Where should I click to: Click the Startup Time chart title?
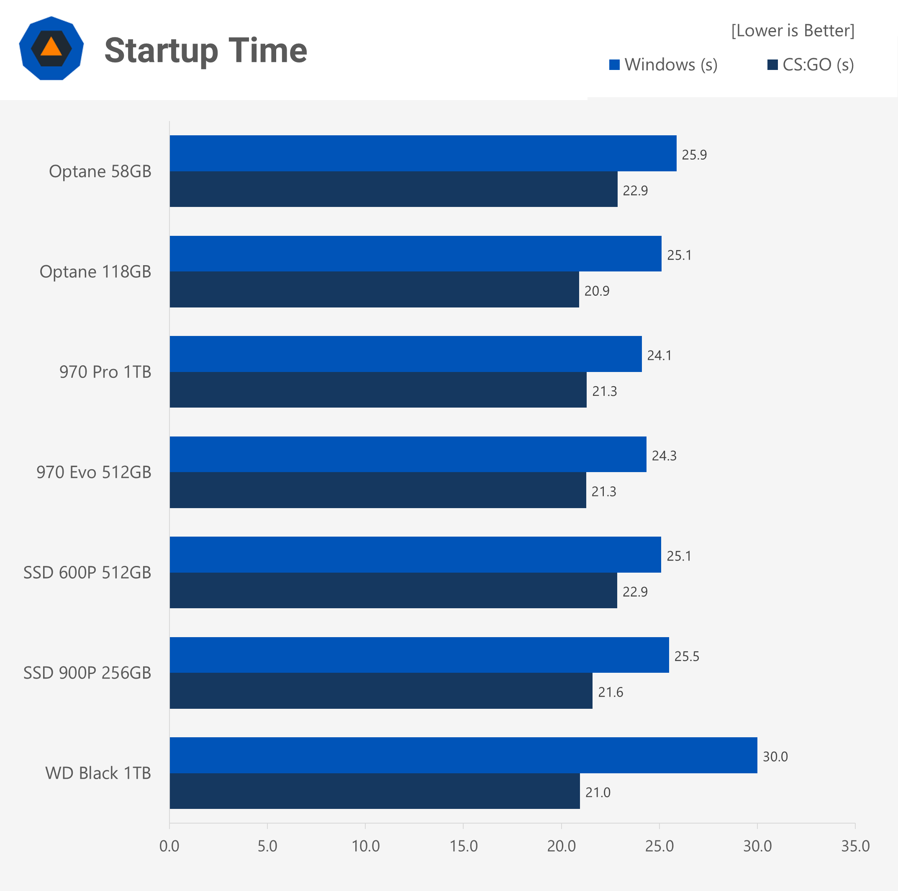tap(205, 50)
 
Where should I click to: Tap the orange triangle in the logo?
tap(51, 47)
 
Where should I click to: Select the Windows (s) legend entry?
tap(663, 65)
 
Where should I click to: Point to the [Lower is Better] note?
tap(793, 31)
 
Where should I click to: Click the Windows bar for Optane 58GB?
tap(423, 154)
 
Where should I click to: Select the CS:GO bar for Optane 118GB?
tap(374, 289)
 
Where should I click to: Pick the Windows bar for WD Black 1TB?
tap(463, 755)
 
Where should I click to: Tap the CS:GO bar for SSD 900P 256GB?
tap(381, 691)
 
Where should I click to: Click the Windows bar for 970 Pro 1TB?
tap(406, 354)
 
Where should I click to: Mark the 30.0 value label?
tap(775, 757)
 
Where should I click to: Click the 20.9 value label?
tap(597, 291)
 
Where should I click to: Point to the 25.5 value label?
tap(687, 656)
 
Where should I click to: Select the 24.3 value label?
tap(664, 456)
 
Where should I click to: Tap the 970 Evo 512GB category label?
tap(94, 472)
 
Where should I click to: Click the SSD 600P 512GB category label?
tap(87, 573)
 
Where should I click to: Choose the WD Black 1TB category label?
tap(98, 773)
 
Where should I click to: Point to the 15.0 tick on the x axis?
tap(463, 846)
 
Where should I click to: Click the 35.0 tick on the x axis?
tap(855, 846)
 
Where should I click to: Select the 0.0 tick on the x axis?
tap(169, 846)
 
